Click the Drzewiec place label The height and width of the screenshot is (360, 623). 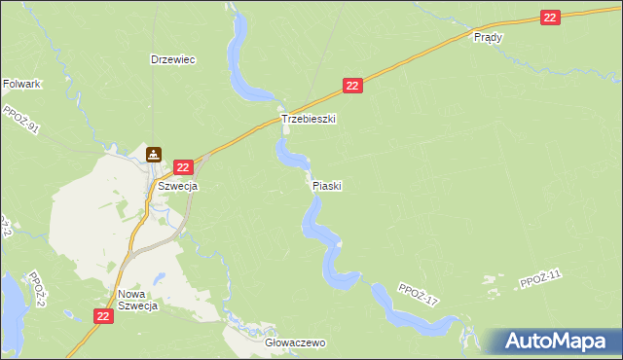[173, 59]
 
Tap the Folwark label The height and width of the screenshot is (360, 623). [21, 85]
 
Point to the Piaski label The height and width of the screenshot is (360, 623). [327, 185]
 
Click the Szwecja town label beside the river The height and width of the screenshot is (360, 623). [178, 186]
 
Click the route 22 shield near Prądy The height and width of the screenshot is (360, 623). [551, 18]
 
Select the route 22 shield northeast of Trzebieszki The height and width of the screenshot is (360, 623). [353, 87]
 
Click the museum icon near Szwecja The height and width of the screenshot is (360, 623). [155, 154]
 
